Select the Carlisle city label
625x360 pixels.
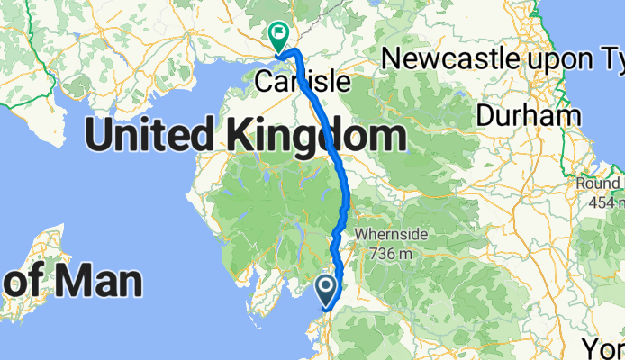click(x=302, y=82)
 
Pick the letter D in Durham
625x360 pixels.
click(x=485, y=115)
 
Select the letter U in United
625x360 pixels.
click(x=97, y=137)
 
